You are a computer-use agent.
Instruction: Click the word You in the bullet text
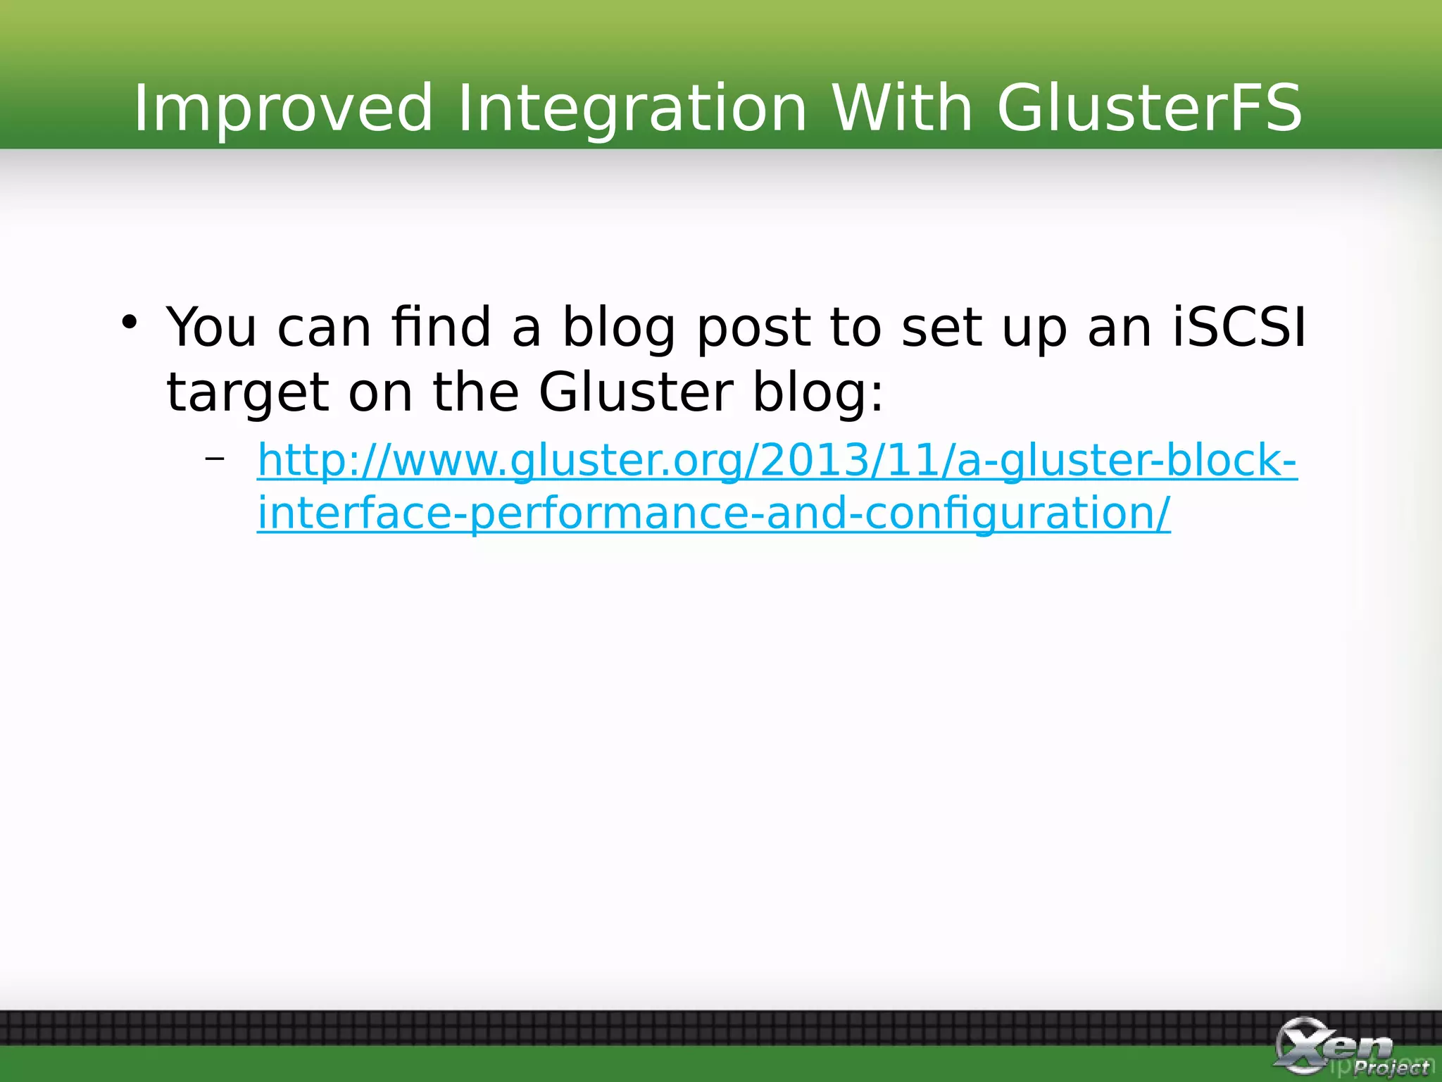pos(211,328)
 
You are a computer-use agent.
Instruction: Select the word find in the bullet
pos(441,328)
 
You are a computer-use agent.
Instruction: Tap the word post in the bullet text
pos(753,329)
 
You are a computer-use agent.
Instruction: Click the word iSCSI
pos(1239,328)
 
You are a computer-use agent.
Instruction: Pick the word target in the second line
pos(247,393)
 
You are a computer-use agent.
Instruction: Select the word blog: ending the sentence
pos(817,393)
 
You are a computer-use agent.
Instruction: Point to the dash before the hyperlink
pos(215,459)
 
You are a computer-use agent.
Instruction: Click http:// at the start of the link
pos(317,461)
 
